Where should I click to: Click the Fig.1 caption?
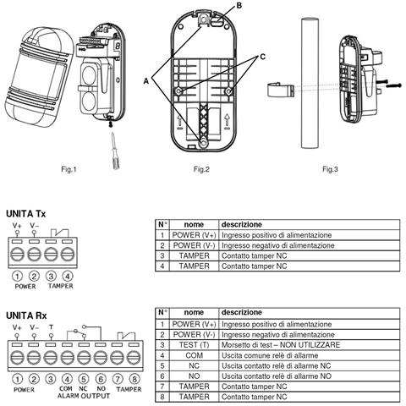(x=69, y=169)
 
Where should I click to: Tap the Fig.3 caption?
(x=330, y=169)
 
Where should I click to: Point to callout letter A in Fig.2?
(x=146, y=81)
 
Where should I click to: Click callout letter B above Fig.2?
(x=239, y=6)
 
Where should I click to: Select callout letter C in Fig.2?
(x=262, y=57)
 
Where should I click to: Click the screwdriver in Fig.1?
(x=115, y=151)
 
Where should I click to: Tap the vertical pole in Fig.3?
(x=310, y=83)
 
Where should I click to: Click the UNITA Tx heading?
(x=25, y=214)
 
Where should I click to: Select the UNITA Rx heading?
(x=26, y=315)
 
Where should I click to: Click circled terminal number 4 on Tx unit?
(x=68, y=276)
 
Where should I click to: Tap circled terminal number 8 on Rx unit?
(x=134, y=379)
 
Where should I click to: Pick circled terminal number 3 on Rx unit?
(x=51, y=379)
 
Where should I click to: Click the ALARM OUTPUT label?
(x=84, y=396)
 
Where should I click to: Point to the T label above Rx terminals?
(x=51, y=327)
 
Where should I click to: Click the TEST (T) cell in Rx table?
(x=194, y=345)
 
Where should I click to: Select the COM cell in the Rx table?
(x=194, y=355)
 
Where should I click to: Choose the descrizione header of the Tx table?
(x=242, y=225)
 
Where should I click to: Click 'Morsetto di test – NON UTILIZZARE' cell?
(x=281, y=345)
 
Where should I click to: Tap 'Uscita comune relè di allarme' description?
(x=270, y=355)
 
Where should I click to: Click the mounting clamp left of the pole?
(x=281, y=90)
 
